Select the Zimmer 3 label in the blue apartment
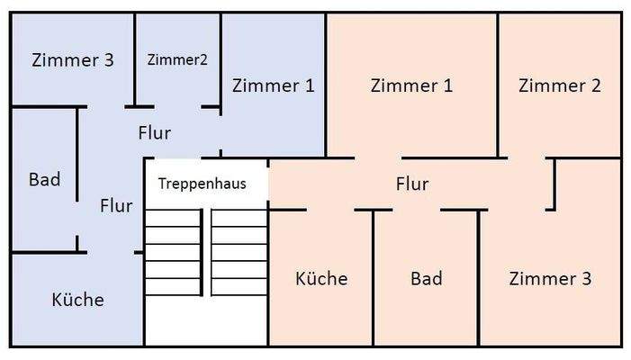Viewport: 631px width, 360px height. pyautogui.click(x=72, y=60)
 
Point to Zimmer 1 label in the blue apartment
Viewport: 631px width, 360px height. pyautogui.click(x=274, y=85)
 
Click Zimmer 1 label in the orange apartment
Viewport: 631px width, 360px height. pyautogui.click(x=411, y=85)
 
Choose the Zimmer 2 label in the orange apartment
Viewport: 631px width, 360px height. pyautogui.click(x=560, y=85)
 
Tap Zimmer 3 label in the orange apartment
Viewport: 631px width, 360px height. pyautogui.click(x=550, y=278)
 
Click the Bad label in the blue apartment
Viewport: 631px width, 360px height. pyautogui.click(x=44, y=179)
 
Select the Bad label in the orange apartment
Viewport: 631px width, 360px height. pyautogui.click(x=426, y=278)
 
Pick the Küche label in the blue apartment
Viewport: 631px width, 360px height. pyautogui.click(x=77, y=300)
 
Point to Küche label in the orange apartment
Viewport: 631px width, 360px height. pyautogui.click(x=321, y=278)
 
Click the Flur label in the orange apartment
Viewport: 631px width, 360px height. pyautogui.click(x=412, y=184)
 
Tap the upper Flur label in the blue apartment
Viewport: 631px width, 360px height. pyautogui.click(x=155, y=132)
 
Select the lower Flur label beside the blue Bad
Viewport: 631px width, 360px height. pyautogui.click(x=116, y=205)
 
